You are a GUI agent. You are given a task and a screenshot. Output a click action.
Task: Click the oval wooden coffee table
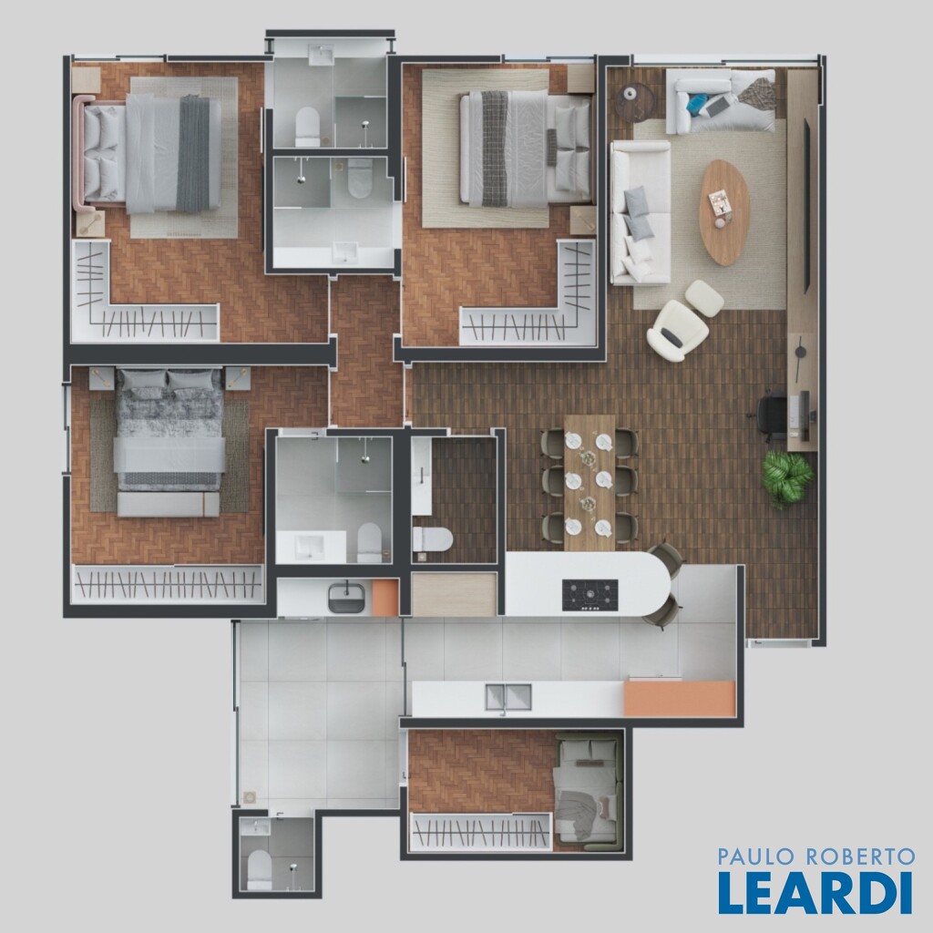click(x=724, y=211)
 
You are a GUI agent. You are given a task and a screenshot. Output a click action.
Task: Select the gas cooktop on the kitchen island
click(x=590, y=595)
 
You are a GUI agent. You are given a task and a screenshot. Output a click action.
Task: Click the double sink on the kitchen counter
click(x=508, y=697)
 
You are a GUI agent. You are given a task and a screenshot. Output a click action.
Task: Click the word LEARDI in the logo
click(x=815, y=892)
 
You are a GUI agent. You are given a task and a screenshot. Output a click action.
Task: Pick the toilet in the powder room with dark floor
click(x=433, y=538)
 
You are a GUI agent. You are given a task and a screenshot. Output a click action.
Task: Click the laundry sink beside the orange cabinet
click(x=346, y=598)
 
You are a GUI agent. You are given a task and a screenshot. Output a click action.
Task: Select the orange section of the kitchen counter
click(x=680, y=699)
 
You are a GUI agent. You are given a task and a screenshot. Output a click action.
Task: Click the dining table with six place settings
click(x=590, y=483)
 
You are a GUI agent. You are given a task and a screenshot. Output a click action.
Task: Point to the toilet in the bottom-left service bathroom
click(x=259, y=867)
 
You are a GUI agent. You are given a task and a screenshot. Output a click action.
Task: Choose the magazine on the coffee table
click(x=721, y=202)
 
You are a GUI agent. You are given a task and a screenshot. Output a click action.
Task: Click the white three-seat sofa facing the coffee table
click(x=641, y=212)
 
